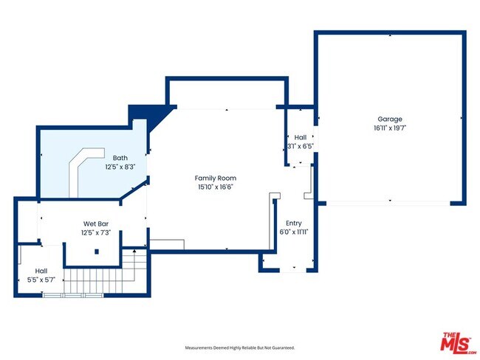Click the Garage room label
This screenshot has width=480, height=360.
[389, 119]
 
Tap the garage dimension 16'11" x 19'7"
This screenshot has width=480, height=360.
[389, 128]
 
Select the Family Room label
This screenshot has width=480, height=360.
[216, 178]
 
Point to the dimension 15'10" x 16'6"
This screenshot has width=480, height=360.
[216, 187]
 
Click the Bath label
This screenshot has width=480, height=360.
[120, 158]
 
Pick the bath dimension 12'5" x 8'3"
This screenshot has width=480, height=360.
[120, 167]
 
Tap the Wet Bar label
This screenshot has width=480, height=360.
[97, 224]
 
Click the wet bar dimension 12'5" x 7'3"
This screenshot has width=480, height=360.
[97, 233]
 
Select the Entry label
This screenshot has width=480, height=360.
[293, 223]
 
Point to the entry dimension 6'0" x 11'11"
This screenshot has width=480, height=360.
[293, 232]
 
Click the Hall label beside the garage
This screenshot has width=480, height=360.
[301, 137]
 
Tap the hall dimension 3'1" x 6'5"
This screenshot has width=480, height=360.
[301, 146]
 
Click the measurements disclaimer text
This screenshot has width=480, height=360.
[239, 347]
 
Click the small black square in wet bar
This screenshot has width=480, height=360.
[97, 252]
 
